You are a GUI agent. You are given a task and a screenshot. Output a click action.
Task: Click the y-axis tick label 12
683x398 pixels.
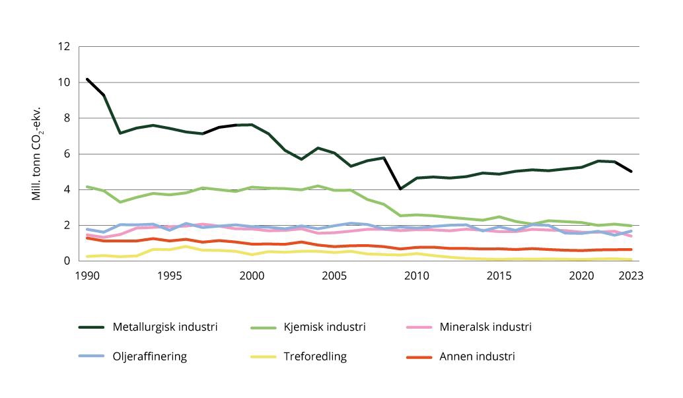click(63, 47)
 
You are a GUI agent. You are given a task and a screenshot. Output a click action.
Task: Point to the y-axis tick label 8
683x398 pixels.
click(66, 118)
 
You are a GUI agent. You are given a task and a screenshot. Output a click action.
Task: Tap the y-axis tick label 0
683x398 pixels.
click(66, 261)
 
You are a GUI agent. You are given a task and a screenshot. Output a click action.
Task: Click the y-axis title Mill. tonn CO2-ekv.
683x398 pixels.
click(38, 154)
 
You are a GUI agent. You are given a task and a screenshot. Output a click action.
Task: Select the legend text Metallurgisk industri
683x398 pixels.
click(165, 327)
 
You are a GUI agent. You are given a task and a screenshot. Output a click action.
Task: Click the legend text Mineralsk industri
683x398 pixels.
click(485, 327)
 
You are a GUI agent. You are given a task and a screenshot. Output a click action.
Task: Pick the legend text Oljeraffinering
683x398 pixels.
click(150, 356)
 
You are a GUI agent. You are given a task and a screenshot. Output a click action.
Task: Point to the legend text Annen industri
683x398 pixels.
click(477, 356)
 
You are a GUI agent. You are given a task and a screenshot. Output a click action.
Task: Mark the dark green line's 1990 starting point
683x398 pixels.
click(87, 79)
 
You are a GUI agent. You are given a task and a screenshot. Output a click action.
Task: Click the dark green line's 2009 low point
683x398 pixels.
click(400, 189)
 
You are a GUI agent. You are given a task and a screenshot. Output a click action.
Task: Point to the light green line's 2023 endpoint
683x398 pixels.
click(631, 226)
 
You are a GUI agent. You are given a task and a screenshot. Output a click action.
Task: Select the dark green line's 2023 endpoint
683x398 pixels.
click(631, 172)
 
